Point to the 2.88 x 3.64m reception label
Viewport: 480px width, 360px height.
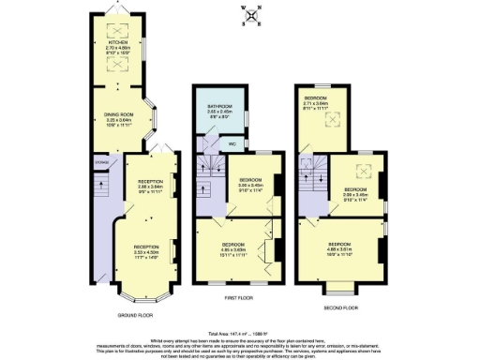(150, 186)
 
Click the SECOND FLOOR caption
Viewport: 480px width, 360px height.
(339, 307)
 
